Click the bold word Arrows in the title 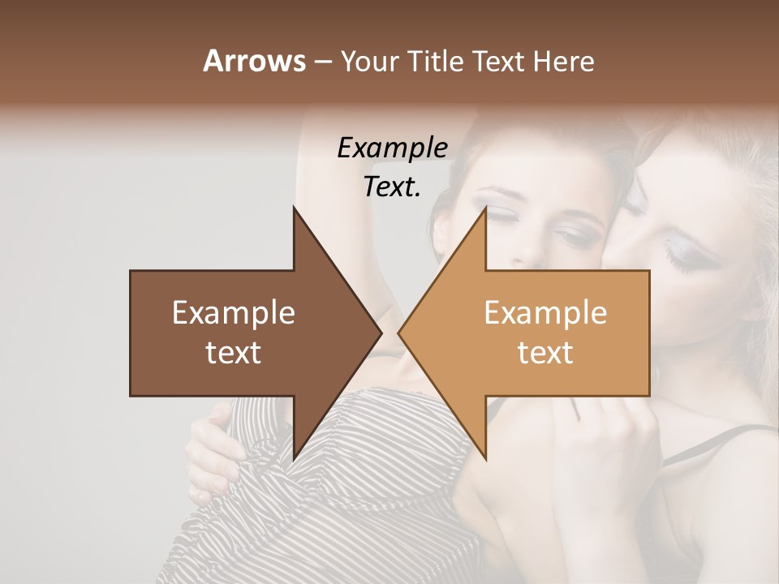255,61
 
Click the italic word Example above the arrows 392,148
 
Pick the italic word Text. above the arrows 392,187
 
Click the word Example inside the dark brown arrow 234,313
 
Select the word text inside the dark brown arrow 234,352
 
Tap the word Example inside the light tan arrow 545,313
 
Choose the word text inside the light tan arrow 545,352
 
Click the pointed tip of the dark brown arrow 380,333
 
